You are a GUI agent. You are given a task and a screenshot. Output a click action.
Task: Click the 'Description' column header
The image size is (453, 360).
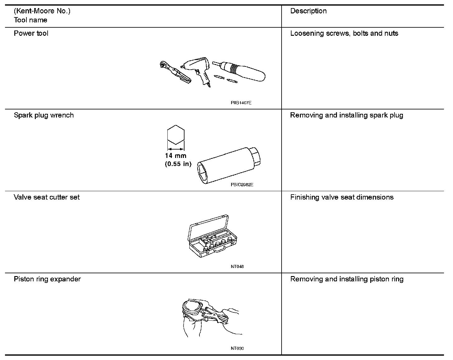(308, 11)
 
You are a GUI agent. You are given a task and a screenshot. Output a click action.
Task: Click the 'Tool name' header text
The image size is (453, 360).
(30, 20)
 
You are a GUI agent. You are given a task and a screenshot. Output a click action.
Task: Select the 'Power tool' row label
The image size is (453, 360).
(31, 33)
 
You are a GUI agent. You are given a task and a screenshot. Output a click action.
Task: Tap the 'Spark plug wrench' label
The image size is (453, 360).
(44, 115)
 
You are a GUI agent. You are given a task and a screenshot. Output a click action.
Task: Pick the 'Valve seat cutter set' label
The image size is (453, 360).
(47, 197)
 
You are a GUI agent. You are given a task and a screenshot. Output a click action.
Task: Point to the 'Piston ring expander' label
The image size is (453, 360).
(47, 279)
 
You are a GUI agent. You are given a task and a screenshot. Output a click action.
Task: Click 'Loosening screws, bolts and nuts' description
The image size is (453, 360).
(344, 33)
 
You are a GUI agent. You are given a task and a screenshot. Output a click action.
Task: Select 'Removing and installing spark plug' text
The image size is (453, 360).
(347, 115)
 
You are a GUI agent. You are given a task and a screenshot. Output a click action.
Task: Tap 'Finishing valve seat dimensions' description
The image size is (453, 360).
(342, 197)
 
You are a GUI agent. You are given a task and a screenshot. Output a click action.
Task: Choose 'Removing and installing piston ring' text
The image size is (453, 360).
(347, 279)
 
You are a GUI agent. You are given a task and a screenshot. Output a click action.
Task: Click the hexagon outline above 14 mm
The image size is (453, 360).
(176, 135)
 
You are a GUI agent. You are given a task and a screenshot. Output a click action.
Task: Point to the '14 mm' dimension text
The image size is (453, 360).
(176, 156)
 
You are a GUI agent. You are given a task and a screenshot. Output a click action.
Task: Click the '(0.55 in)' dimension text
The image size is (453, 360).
(178, 164)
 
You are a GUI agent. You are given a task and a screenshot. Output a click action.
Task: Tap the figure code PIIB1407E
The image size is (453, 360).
(241, 103)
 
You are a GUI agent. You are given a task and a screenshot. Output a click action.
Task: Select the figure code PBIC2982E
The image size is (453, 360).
(242, 185)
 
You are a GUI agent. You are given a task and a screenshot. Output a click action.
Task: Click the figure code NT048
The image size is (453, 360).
(237, 266)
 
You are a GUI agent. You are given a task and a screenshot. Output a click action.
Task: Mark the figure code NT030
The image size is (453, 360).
(237, 348)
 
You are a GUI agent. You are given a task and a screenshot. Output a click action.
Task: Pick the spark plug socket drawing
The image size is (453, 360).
(230, 166)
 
